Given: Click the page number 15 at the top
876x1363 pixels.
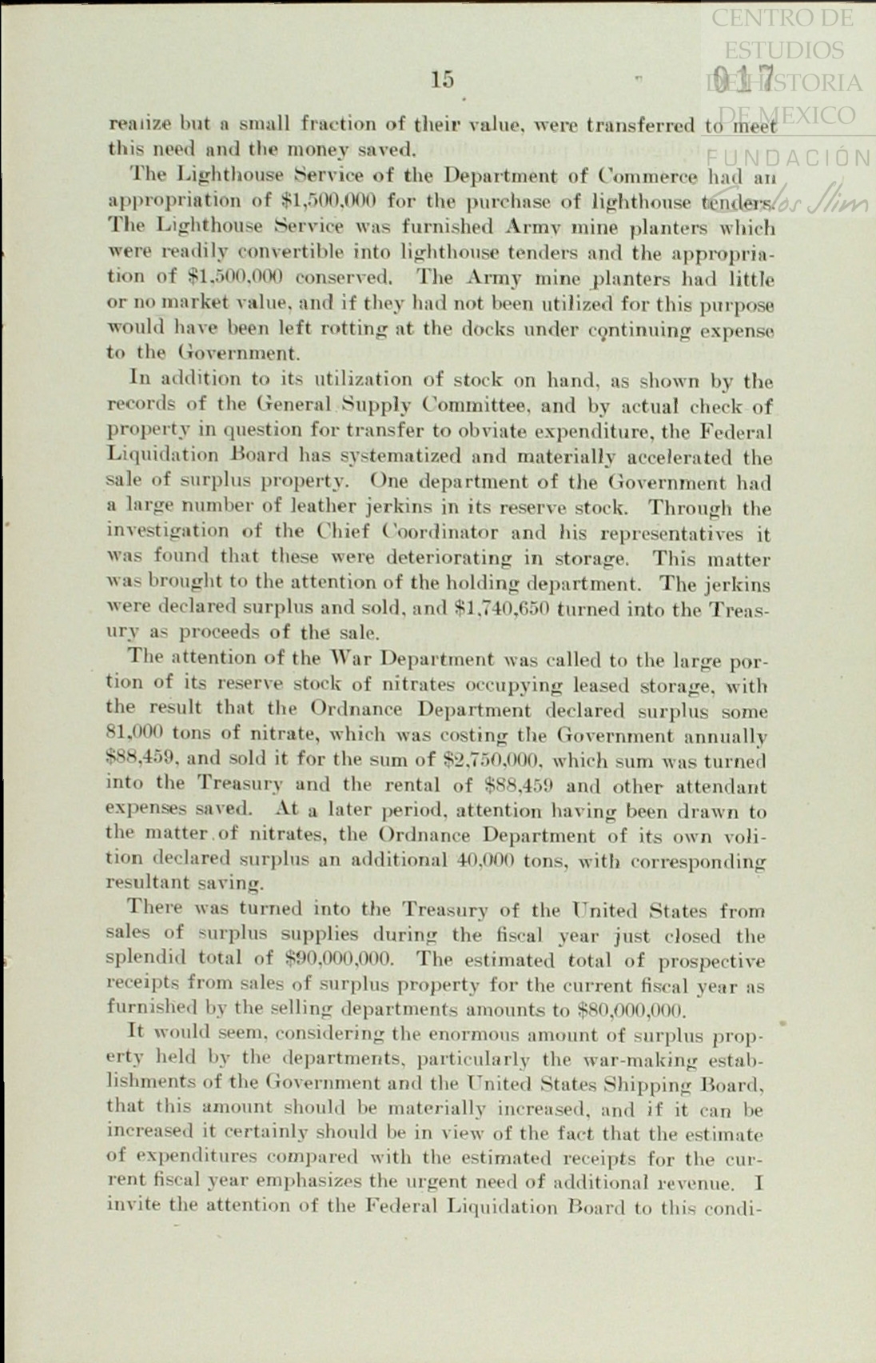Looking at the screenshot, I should coord(442,79).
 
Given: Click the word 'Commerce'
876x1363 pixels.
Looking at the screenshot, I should coord(648,176).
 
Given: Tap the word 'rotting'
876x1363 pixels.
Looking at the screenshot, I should coord(349,329).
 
